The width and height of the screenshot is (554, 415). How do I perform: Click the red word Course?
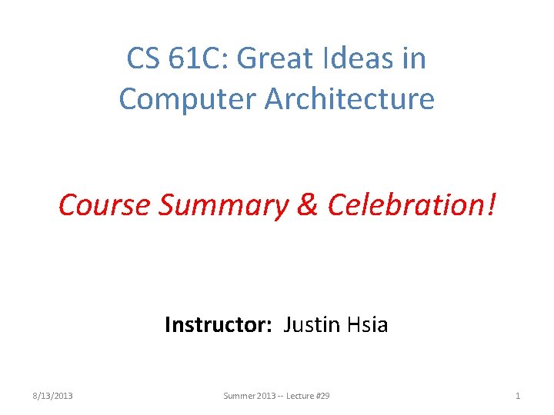[105, 204]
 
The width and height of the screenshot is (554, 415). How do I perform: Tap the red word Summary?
[222, 204]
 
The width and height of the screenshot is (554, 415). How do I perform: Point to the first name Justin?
[310, 325]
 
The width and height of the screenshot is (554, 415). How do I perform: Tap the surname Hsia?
[365, 325]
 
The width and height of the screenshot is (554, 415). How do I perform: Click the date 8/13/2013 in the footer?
[53, 396]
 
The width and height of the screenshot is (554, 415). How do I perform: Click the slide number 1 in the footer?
[518, 396]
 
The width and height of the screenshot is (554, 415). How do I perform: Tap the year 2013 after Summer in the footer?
[265, 396]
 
